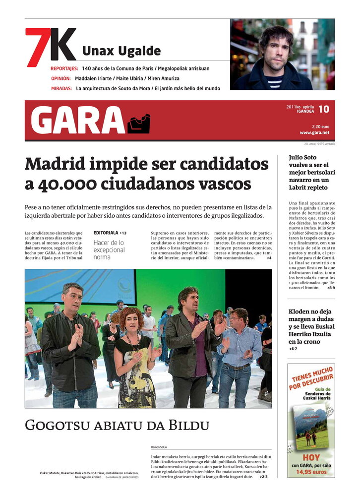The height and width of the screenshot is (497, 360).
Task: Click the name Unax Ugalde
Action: [x=121, y=51]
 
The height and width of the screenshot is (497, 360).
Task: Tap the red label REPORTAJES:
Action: [x=64, y=68]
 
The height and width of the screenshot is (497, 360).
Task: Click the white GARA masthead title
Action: [x=77, y=121]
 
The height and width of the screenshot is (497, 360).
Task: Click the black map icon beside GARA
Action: [x=138, y=124]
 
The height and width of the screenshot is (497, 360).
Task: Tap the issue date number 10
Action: [x=323, y=109]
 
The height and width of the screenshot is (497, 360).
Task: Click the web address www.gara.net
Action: [x=314, y=132]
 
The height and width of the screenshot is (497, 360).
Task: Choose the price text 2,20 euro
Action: [x=320, y=126]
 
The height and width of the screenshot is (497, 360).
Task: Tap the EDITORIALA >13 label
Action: [x=110, y=233]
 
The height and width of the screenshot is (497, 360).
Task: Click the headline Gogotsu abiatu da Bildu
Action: [x=117, y=425]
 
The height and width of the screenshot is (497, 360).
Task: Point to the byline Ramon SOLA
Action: [x=159, y=447]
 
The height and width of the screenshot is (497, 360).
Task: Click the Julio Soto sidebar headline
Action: [x=308, y=172]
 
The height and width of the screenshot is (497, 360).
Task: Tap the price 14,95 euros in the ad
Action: [x=311, y=472]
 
